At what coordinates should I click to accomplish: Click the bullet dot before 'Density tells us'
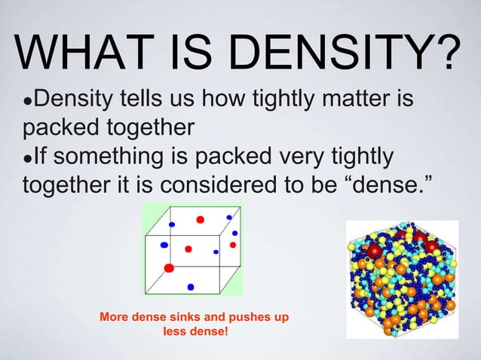[x=28, y=100]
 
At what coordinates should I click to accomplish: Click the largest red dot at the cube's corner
[x=169, y=267]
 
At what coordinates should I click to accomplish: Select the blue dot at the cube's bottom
[x=190, y=286]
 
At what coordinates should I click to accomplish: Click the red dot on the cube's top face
[x=201, y=219]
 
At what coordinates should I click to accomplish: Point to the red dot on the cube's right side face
[x=233, y=245]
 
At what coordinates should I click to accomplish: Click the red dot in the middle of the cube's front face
[x=188, y=249]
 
